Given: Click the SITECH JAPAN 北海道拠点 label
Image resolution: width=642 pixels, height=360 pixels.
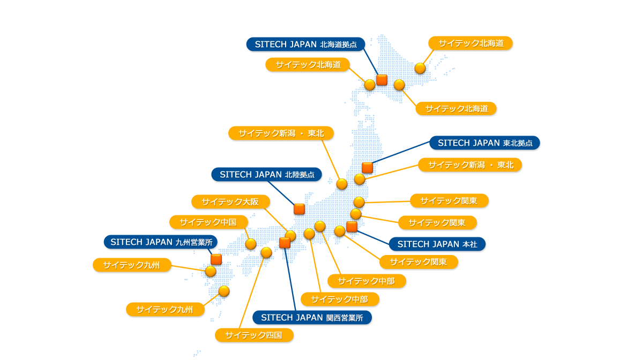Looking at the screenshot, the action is (305, 44).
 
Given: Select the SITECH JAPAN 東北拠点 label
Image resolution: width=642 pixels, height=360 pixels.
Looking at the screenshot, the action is (485, 143).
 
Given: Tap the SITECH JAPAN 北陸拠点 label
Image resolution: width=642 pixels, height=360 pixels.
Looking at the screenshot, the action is (266, 175).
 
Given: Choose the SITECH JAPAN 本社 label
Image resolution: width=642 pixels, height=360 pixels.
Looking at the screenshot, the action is (437, 244).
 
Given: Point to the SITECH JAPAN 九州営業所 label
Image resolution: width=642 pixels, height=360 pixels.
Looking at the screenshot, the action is (161, 242).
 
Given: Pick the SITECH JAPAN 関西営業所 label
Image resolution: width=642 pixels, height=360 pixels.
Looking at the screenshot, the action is (312, 318).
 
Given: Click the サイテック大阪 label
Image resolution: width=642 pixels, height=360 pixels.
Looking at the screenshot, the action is (230, 201).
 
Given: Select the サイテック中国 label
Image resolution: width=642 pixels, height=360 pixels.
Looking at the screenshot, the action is (208, 222).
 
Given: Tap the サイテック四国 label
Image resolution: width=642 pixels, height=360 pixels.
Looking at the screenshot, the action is (254, 335).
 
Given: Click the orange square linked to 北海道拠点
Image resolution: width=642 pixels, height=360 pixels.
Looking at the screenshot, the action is (382, 80).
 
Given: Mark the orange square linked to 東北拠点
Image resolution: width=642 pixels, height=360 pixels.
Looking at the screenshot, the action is (367, 167).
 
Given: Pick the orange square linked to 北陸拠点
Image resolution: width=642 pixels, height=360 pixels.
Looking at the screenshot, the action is (300, 209).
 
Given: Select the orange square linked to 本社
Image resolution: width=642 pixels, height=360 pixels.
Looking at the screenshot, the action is (352, 227).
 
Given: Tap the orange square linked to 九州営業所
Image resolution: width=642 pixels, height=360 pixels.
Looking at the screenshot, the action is (216, 259).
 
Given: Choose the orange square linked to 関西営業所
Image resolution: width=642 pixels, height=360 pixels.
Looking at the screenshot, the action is (285, 243).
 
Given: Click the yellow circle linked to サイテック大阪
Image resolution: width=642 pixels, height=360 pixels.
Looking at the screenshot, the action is (290, 236).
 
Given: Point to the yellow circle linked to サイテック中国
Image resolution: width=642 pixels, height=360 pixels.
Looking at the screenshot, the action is (251, 244).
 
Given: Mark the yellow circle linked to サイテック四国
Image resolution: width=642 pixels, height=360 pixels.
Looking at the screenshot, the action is (266, 252).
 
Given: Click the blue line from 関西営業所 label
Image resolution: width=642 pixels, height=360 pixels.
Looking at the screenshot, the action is (290, 280).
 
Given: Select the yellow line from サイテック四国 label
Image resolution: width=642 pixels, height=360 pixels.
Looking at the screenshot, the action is (252, 293).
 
